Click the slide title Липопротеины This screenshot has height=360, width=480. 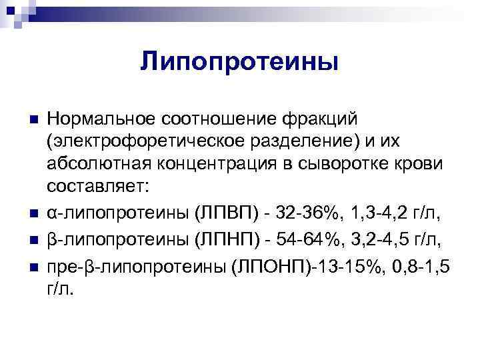(240, 62)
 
